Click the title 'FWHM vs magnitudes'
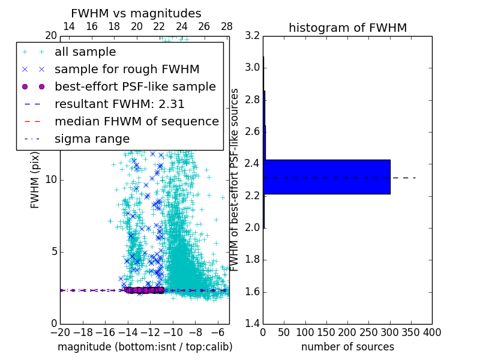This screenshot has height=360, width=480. (x=136, y=13)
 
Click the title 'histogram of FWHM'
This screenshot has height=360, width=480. (x=347, y=28)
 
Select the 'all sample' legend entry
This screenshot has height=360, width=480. (x=85, y=52)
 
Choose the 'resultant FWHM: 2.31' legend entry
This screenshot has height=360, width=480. (x=119, y=104)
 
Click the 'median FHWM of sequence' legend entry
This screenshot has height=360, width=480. (x=136, y=121)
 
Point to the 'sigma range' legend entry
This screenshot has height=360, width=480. (x=92, y=139)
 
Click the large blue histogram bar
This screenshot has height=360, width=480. (x=327, y=177)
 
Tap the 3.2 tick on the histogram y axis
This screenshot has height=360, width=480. (x=253, y=35)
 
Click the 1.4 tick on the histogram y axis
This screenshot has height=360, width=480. (x=253, y=323)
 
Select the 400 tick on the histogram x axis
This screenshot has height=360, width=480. (x=431, y=332)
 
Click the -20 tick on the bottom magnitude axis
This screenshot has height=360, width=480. (x=60, y=332)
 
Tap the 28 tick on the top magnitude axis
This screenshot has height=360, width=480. (x=227, y=26)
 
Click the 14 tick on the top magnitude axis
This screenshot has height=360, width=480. (x=69, y=26)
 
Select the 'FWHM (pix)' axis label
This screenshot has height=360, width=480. (x=35, y=179)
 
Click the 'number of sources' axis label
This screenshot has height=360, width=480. (x=347, y=347)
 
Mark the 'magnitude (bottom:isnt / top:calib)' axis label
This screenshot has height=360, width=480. (x=145, y=347)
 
